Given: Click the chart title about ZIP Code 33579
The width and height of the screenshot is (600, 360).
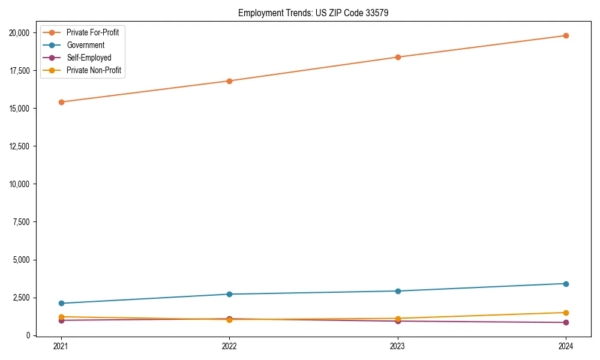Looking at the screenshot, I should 313,13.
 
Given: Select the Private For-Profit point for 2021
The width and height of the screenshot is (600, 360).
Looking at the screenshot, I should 61,102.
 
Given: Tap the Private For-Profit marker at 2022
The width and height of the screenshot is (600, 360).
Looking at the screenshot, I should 229,81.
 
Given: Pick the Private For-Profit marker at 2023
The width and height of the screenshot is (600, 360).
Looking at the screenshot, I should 397,57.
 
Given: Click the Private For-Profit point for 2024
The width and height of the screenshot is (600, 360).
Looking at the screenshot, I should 566,35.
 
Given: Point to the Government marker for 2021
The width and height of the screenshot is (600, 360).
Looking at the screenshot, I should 61,303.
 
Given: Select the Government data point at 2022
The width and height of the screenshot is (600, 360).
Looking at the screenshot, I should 229,294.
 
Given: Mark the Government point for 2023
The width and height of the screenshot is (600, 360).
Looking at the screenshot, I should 397,291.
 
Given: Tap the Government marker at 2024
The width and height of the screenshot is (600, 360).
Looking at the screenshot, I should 566,283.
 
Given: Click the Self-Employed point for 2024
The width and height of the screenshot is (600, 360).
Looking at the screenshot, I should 566,322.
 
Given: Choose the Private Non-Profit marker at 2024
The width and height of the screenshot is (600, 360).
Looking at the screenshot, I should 566,313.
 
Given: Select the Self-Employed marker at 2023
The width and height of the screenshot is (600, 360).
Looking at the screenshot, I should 397,321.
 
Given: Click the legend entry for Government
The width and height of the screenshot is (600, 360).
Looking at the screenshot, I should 85,45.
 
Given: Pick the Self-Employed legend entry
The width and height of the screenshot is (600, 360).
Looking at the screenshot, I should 89,58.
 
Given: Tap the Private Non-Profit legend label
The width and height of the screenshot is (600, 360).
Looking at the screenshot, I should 94,70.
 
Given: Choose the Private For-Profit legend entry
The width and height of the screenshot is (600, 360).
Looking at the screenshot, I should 92,32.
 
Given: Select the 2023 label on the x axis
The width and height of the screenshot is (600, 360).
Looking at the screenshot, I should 397,346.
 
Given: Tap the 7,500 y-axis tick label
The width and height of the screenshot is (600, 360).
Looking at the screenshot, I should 24,222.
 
